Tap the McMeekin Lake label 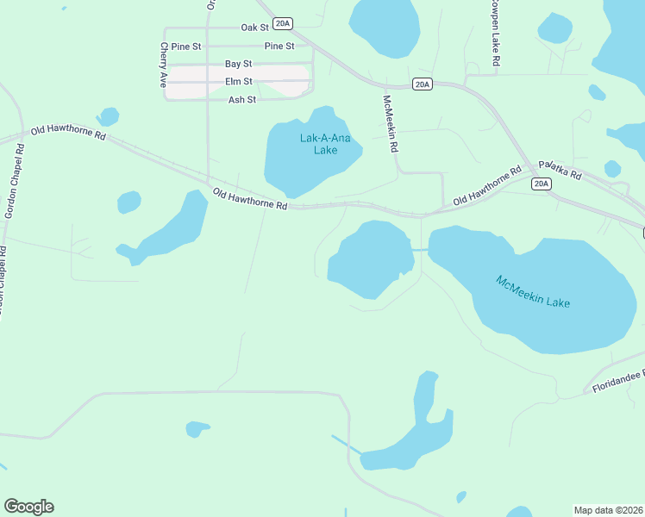click(533, 292)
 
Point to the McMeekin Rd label click(391, 123)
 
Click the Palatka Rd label click(560, 169)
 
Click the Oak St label click(255, 28)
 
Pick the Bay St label click(238, 64)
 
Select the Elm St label click(238, 82)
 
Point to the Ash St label click(242, 100)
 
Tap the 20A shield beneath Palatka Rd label click(541, 184)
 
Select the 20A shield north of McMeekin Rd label click(422, 84)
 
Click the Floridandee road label click(617, 382)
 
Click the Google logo click(28, 507)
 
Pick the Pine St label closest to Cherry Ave click(186, 46)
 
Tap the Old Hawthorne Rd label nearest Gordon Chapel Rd click(68, 134)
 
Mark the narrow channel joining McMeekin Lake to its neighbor click(420, 249)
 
